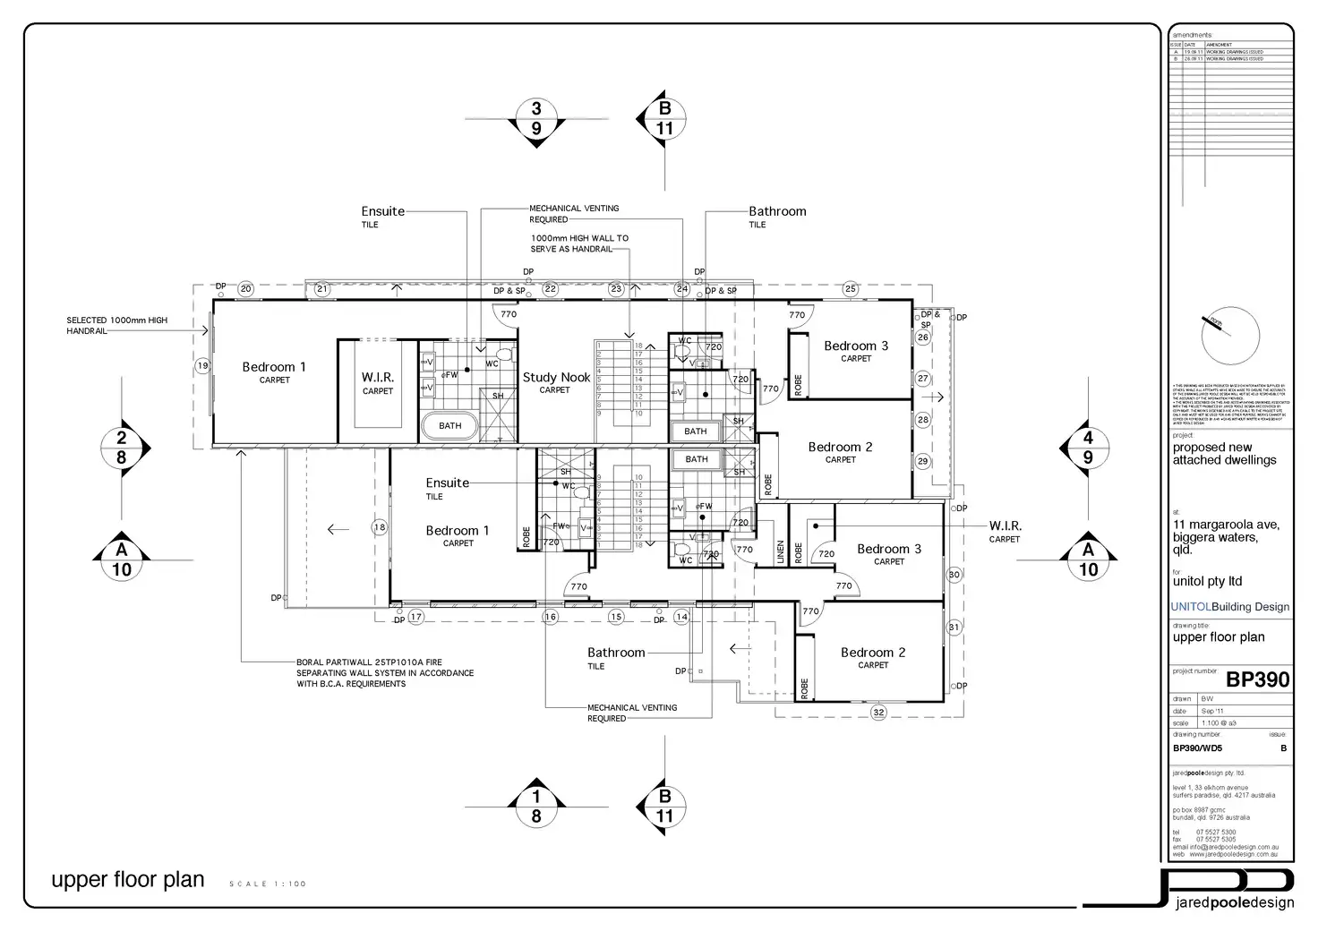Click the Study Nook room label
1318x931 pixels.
tap(556, 378)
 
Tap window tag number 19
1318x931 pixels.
tap(202, 365)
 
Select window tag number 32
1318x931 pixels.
tap(878, 713)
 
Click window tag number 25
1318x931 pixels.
tap(851, 288)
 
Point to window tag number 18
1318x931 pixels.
tap(380, 527)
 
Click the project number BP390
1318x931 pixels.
tap(1257, 679)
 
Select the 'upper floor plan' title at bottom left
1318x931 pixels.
tap(128, 880)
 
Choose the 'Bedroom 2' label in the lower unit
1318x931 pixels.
tap(873, 653)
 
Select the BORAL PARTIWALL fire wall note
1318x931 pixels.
tap(385, 672)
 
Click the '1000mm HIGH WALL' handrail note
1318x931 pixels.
tap(579, 243)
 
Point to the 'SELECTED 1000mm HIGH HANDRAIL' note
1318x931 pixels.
tap(116, 325)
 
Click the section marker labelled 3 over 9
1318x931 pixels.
tap(536, 118)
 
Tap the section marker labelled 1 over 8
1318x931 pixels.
tap(536, 806)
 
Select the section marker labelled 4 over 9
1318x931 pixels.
tap(1088, 448)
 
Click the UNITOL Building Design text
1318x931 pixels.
tap(1230, 606)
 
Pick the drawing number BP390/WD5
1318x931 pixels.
tap(1197, 748)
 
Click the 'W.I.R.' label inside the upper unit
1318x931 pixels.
tap(378, 378)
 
